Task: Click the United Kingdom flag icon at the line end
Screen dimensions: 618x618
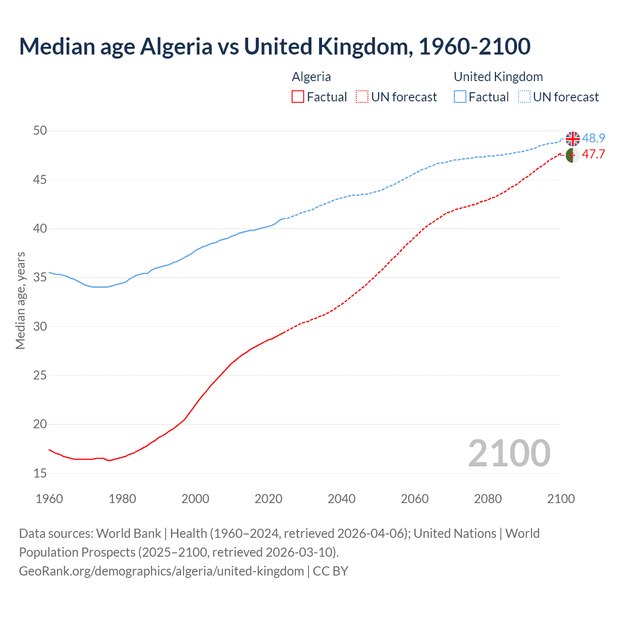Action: coord(573,139)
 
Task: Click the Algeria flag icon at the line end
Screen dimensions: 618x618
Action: coord(573,155)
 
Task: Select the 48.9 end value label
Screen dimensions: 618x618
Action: coord(593,139)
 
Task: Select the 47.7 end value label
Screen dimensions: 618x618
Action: coord(593,154)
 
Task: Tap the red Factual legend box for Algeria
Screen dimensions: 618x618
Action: coord(298,97)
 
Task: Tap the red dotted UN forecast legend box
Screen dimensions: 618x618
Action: coord(362,97)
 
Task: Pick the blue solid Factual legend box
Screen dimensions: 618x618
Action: coord(460,97)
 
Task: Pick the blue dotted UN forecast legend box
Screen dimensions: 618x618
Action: coord(524,97)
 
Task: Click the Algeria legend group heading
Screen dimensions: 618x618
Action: coord(311,77)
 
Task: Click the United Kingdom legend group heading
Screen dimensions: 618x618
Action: coord(498,77)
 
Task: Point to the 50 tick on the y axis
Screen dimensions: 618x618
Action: coord(40,131)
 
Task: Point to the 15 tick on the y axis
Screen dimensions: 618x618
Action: coord(40,473)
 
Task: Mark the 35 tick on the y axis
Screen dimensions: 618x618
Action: coord(40,278)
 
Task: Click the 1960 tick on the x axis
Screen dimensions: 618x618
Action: coord(49,499)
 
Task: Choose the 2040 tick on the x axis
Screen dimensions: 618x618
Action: coord(341,499)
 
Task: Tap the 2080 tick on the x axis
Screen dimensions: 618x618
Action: coord(488,499)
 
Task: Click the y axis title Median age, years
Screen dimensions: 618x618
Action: coord(20,300)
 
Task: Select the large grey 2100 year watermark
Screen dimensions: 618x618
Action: coord(509,453)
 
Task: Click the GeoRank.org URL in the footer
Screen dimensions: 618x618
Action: coord(161,571)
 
